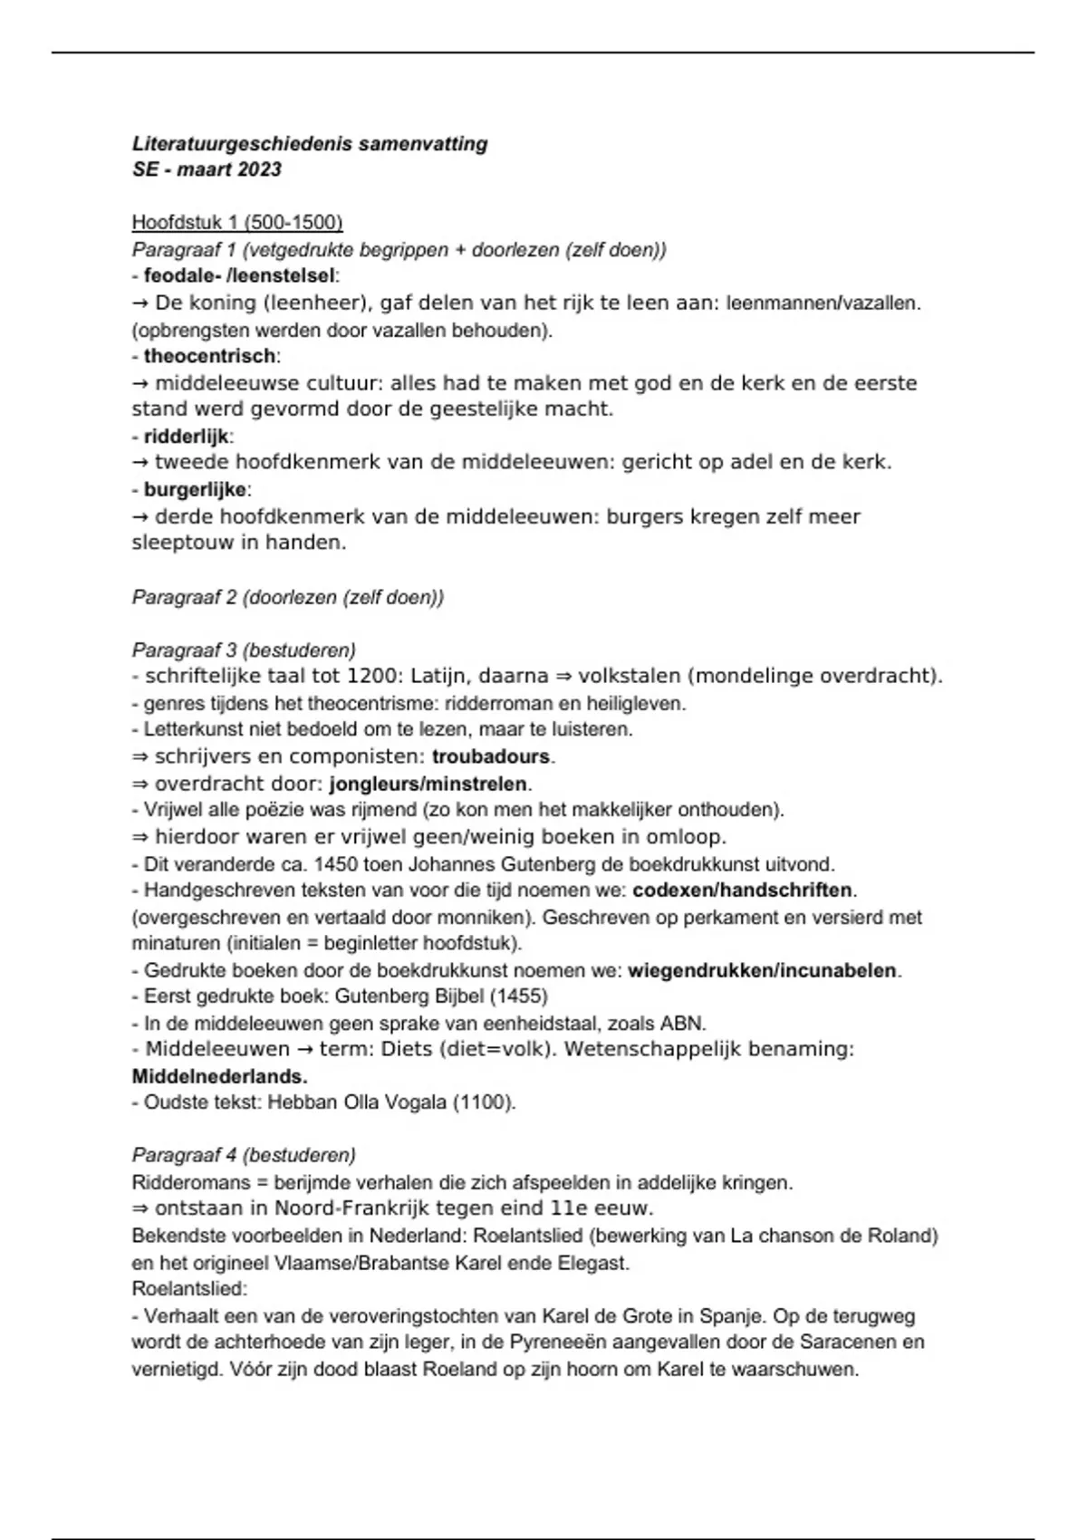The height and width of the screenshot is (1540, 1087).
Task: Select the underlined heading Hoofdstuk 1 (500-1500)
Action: [236, 223]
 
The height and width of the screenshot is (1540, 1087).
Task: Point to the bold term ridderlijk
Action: [186, 436]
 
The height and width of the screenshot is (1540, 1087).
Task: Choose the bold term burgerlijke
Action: [195, 489]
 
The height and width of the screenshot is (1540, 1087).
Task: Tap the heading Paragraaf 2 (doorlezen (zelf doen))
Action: [288, 597]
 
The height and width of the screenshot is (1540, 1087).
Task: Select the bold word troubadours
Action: [491, 756]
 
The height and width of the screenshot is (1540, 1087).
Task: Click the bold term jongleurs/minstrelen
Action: [428, 784]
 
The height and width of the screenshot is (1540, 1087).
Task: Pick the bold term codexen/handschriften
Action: [743, 890]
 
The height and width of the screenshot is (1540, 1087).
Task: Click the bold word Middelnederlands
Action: [219, 1077]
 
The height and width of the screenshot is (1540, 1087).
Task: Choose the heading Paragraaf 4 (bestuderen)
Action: [244, 1155]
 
